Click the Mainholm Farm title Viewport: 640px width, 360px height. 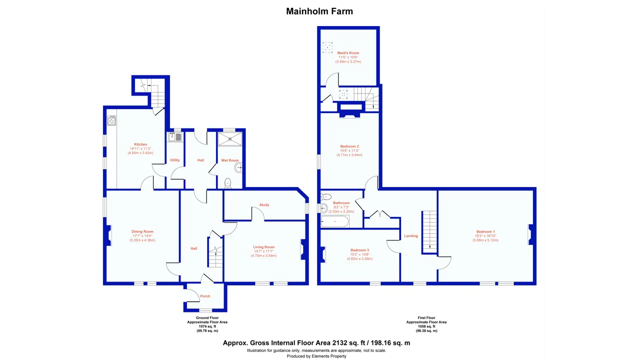319,11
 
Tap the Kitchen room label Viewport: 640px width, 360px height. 140,144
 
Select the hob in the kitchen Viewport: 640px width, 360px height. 111,120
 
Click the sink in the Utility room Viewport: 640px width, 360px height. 175,137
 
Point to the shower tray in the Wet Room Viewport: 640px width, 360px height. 230,139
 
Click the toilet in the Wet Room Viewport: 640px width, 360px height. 227,183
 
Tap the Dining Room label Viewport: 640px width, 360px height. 142,231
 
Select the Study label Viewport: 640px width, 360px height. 264,205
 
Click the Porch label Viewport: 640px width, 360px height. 205,296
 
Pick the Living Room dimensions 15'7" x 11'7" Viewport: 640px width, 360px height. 263,251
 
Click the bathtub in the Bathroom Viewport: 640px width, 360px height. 335,221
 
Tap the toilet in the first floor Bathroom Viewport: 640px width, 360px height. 326,197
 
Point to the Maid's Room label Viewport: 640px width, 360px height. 348,53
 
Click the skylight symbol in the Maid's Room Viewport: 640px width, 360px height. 327,47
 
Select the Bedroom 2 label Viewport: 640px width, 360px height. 349,146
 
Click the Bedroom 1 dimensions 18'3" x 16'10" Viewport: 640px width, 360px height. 485,236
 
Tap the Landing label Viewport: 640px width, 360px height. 411,236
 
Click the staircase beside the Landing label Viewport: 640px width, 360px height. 429,232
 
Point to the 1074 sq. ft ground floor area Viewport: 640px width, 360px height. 207,326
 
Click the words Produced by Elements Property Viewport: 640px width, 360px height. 316,356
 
